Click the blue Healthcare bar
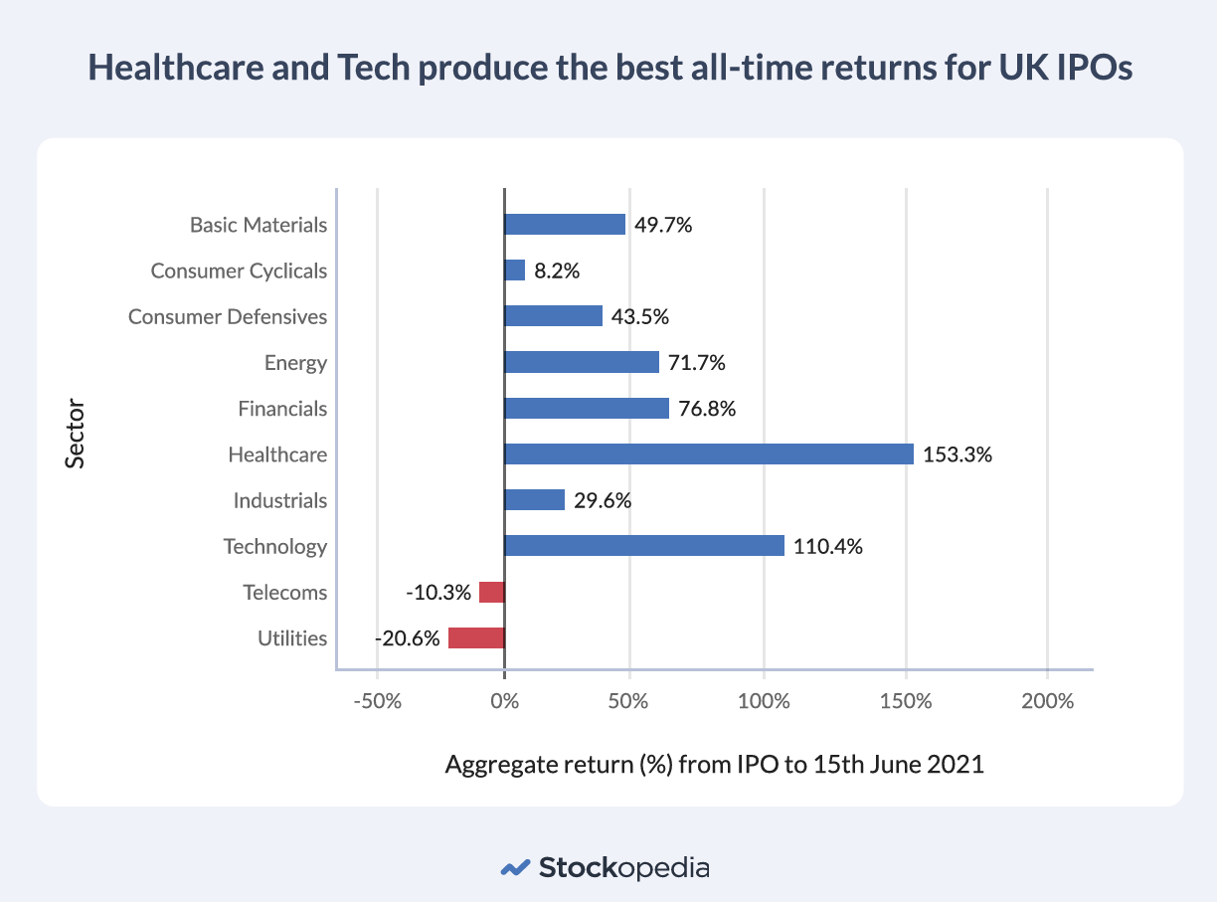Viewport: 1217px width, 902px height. coord(709,454)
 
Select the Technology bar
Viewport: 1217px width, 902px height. coord(644,546)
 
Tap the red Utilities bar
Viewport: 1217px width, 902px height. coord(476,638)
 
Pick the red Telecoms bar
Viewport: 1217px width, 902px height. coord(492,593)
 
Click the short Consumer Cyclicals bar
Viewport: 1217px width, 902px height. coord(515,271)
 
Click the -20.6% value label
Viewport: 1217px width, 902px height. coord(407,638)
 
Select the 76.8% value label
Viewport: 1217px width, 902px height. coord(707,409)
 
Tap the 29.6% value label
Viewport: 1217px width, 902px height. coord(603,501)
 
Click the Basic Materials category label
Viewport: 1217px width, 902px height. coord(259,225)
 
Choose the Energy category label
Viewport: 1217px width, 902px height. coord(295,363)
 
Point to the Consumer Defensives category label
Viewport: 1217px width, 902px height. coord(228,317)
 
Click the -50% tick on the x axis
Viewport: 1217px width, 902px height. coord(377,701)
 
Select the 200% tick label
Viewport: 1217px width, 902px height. coord(1047,701)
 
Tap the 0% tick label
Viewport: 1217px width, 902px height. coord(505,701)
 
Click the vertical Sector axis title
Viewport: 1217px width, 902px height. coord(76,433)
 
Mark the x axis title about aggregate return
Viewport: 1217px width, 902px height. coord(714,766)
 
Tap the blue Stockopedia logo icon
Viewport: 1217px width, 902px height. coord(514,867)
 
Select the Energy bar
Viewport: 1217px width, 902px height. coord(582,363)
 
